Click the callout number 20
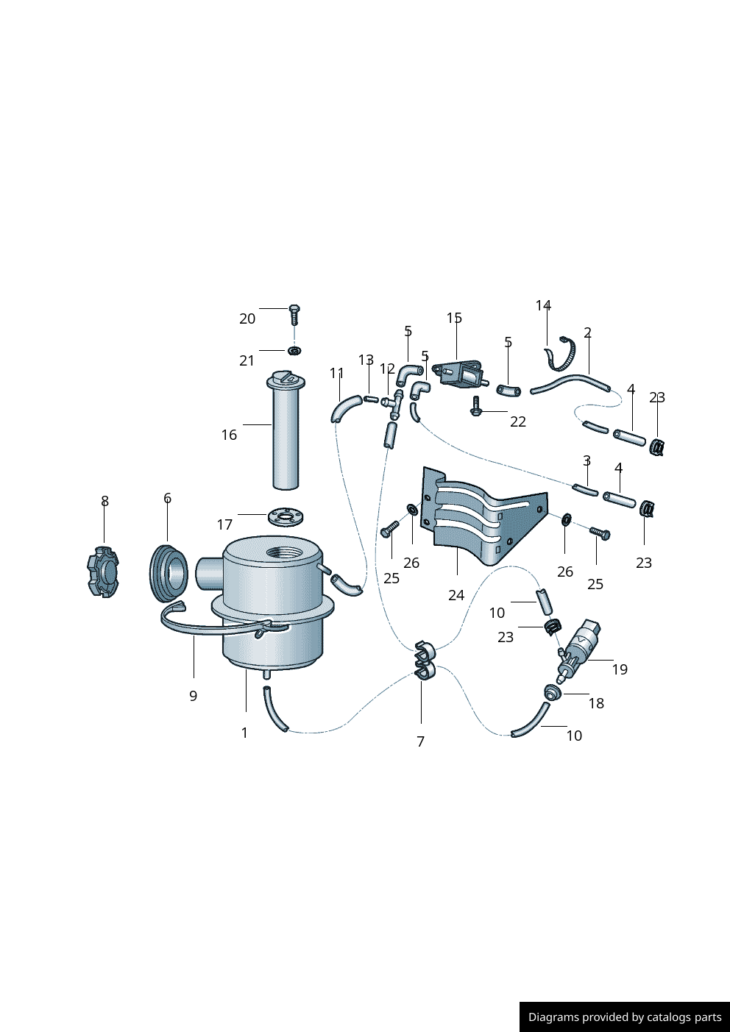click(x=247, y=319)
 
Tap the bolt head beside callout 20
click(x=294, y=308)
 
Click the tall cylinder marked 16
click(x=286, y=430)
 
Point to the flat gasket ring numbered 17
click(x=286, y=516)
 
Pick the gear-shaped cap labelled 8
click(x=103, y=572)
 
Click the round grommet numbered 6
click(x=169, y=574)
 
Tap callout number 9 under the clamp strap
click(x=193, y=696)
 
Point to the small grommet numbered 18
click(x=552, y=692)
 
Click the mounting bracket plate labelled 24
click(x=484, y=515)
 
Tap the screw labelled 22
click(x=475, y=405)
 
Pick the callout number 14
click(x=543, y=305)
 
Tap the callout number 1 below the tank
click(x=245, y=733)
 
